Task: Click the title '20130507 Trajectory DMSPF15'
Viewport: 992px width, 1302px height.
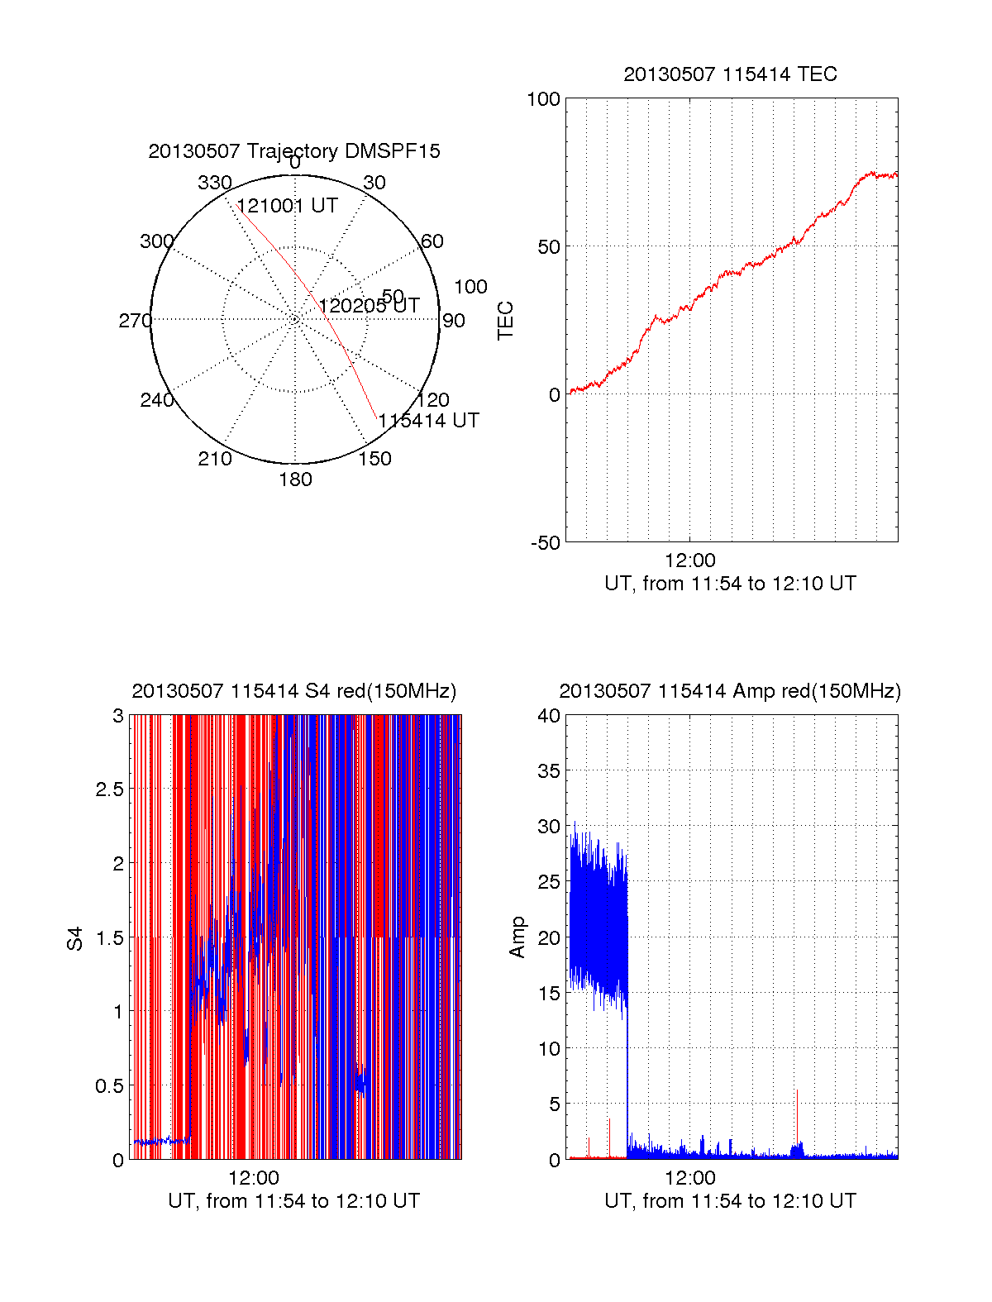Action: tap(294, 151)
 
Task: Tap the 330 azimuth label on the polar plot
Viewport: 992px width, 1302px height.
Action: tap(214, 183)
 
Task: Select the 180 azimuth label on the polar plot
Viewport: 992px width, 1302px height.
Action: tap(295, 479)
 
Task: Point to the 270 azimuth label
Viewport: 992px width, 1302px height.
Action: tap(135, 321)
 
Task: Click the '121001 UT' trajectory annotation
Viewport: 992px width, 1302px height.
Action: tap(287, 206)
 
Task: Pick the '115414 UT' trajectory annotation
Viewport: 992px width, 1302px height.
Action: tap(428, 421)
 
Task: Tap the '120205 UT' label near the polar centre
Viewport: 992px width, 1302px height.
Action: tap(369, 306)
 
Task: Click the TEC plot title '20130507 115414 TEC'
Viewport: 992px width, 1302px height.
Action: tap(730, 74)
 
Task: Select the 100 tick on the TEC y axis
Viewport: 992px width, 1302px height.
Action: tap(543, 99)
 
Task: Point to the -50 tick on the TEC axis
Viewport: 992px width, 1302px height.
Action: tap(545, 543)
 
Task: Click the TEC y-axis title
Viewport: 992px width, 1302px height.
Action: tap(505, 321)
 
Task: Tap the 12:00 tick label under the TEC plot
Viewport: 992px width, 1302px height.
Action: tap(689, 560)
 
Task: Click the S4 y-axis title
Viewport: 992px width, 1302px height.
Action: tap(75, 938)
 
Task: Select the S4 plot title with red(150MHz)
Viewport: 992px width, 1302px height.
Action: tap(293, 691)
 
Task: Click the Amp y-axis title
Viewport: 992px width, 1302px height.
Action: tap(517, 937)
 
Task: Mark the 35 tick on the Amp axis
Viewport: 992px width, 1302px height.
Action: tap(549, 771)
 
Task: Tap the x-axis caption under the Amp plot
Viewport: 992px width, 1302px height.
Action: tap(730, 1201)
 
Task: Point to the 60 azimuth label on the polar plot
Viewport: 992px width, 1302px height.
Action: tap(432, 241)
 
